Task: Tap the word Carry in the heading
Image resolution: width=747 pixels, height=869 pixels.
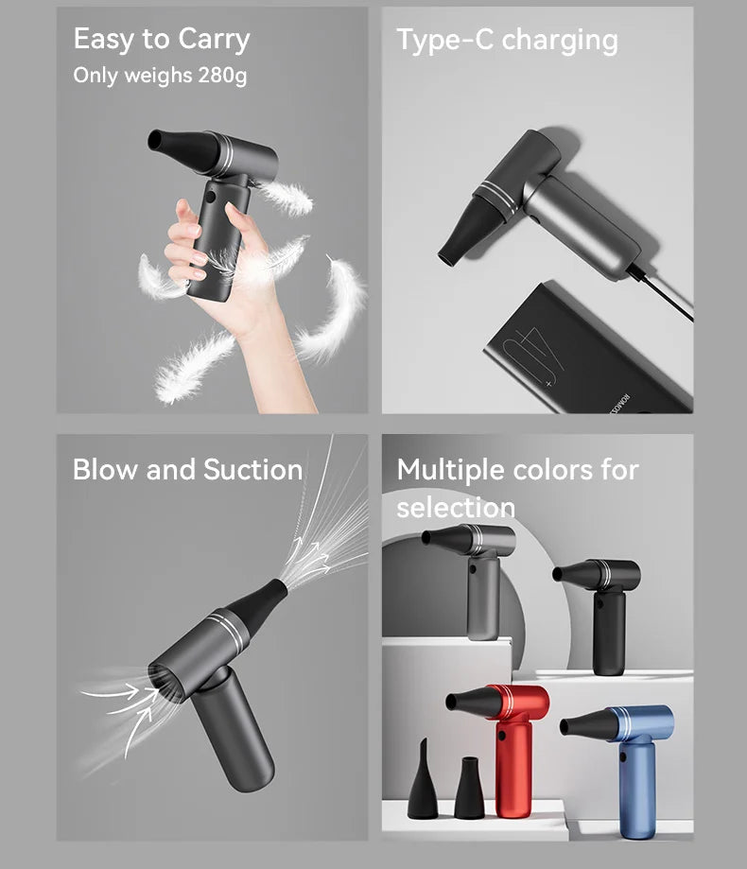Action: click(214, 40)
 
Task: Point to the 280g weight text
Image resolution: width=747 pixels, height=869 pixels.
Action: click(222, 76)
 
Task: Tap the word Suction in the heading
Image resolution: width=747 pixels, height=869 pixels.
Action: click(252, 469)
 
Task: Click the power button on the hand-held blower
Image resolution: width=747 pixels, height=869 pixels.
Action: click(211, 198)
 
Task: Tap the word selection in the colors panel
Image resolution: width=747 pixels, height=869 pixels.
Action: click(456, 508)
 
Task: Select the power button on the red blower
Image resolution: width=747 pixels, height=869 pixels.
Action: click(502, 737)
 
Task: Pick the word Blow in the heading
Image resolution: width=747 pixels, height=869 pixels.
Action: click(105, 469)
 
